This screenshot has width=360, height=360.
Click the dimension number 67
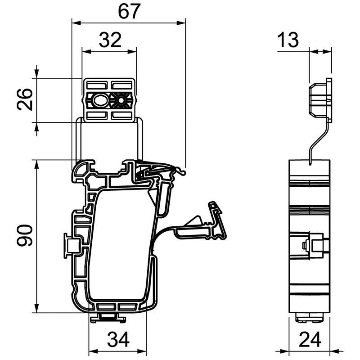[128, 12]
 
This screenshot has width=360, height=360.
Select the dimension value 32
[109, 40]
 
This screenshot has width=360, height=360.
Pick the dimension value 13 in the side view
[288, 40]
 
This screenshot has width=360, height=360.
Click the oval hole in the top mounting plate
[99, 100]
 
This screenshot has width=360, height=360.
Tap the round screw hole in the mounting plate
[121, 100]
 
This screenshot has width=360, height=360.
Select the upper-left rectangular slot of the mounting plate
[95, 85]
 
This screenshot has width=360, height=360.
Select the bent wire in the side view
[315, 139]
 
